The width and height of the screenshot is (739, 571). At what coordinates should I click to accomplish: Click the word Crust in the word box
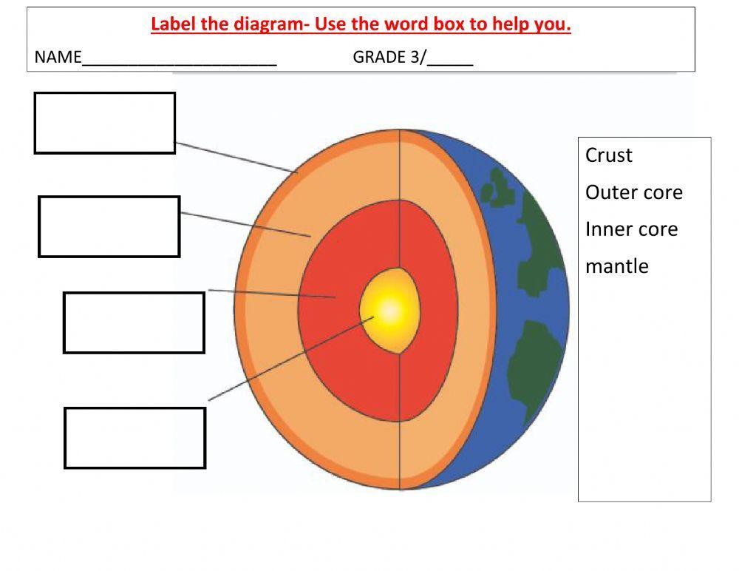pyautogui.click(x=609, y=155)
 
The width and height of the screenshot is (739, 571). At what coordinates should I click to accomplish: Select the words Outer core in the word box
pyautogui.click(x=633, y=192)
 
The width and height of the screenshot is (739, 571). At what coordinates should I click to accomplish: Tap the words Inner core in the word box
pyautogui.click(x=631, y=229)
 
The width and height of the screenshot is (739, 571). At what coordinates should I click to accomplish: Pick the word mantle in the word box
pyautogui.click(x=616, y=266)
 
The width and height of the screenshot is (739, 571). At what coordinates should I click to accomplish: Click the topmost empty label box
pyautogui.click(x=105, y=123)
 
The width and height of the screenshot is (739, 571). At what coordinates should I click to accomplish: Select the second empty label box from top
pyautogui.click(x=109, y=226)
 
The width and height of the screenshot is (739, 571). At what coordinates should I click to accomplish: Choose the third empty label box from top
pyautogui.click(x=134, y=322)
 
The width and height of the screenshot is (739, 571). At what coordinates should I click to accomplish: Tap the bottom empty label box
pyautogui.click(x=134, y=438)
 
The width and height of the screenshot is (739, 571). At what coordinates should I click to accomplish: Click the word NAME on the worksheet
pyautogui.click(x=58, y=58)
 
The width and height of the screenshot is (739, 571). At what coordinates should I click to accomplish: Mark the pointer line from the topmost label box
pyautogui.click(x=236, y=158)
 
